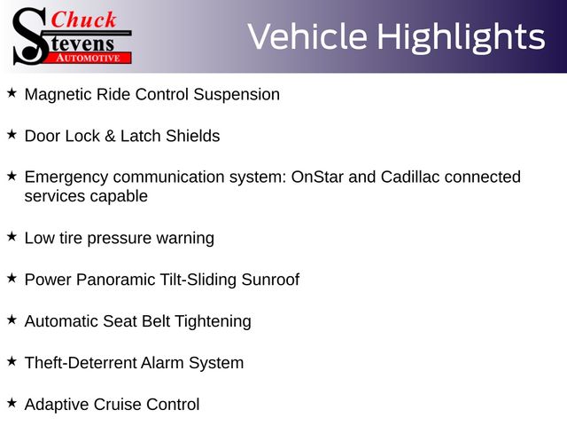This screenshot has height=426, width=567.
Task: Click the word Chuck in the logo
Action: (83, 20)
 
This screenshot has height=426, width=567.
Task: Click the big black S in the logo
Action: (30, 36)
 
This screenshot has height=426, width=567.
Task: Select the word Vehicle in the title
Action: (307, 36)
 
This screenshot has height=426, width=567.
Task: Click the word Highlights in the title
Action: (461, 37)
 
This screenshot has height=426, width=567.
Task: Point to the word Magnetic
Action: (58, 95)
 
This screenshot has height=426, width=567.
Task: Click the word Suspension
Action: (237, 95)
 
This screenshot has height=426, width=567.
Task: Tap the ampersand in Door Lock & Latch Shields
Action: (110, 136)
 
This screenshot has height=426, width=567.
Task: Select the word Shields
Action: (193, 136)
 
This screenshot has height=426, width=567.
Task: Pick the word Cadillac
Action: (410, 177)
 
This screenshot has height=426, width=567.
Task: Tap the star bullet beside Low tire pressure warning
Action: (12, 237)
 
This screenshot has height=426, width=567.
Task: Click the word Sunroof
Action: (270, 280)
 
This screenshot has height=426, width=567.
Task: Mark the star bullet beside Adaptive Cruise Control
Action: (12, 402)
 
